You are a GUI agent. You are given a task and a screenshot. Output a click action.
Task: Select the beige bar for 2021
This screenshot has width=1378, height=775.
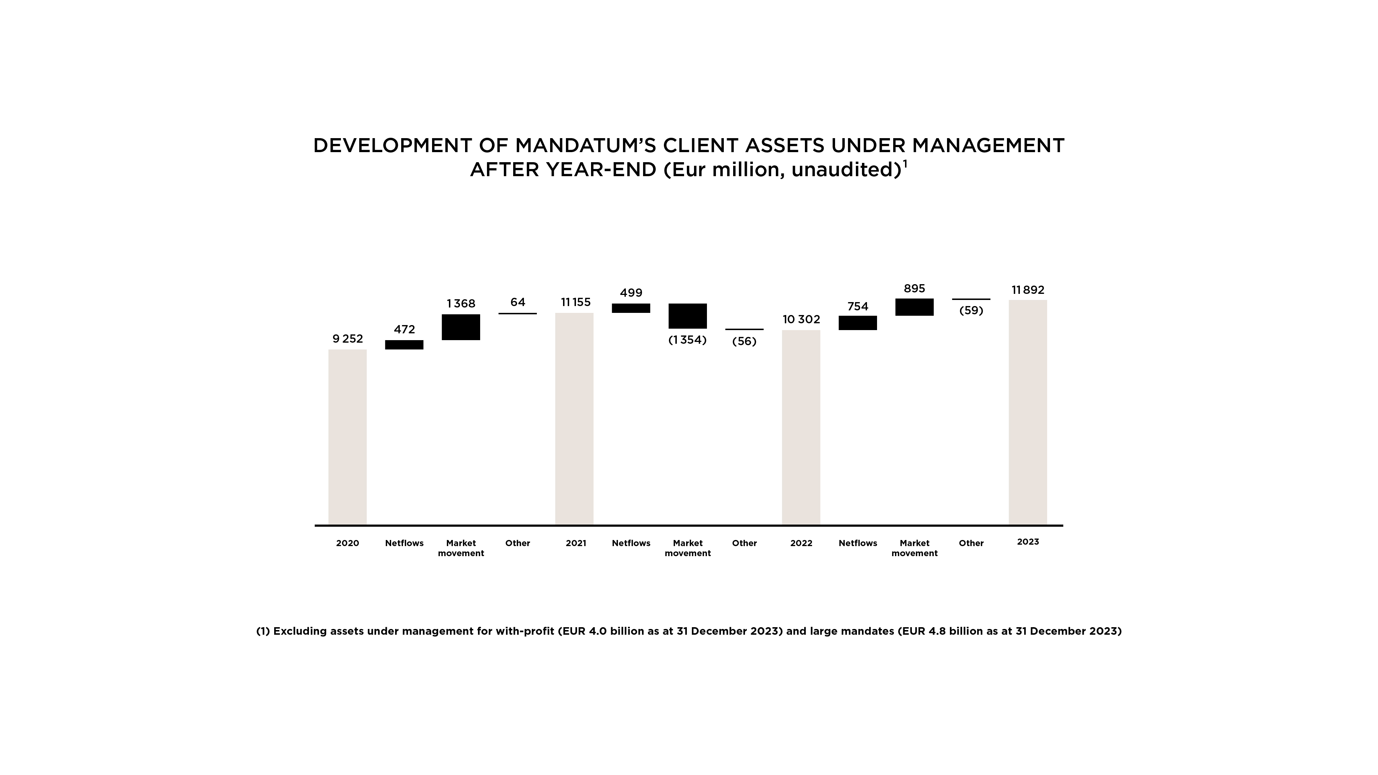(574, 418)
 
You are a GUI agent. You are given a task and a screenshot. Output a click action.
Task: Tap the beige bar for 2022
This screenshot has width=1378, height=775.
(801, 427)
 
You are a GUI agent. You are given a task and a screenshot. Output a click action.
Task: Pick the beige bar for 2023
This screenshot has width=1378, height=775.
(1028, 412)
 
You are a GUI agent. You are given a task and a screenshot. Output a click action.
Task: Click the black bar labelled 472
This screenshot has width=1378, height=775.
(404, 344)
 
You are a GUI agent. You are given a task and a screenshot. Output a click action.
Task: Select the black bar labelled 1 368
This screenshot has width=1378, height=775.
(460, 327)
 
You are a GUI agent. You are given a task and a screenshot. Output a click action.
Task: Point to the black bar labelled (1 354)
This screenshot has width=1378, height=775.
(688, 316)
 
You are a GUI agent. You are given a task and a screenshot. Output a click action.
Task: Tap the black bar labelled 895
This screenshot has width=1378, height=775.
(914, 307)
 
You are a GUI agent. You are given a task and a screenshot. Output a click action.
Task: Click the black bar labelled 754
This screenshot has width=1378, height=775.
(858, 323)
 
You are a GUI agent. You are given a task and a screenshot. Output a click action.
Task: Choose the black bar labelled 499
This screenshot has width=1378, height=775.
(631, 308)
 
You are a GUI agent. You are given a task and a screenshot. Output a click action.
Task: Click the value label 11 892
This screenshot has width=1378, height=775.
(1028, 290)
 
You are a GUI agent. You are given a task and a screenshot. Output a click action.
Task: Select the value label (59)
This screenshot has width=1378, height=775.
(971, 310)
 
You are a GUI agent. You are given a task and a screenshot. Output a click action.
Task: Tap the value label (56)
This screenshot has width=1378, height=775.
(744, 341)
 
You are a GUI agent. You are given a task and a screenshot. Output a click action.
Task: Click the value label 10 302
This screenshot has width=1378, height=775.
(801, 319)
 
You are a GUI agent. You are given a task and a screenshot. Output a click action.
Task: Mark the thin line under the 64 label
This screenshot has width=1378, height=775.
(517, 314)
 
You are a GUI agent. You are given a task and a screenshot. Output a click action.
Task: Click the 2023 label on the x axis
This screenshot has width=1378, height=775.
(1028, 542)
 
